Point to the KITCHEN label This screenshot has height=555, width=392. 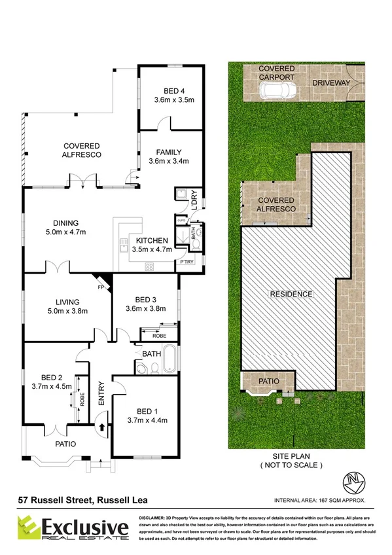tap(152, 240)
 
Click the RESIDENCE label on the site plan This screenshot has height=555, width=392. tap(291, 294)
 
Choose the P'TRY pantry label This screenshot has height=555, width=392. tap(187, 262)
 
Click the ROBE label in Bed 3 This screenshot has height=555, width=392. tap(160, 336)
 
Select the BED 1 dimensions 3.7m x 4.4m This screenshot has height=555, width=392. tap(145, 420)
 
